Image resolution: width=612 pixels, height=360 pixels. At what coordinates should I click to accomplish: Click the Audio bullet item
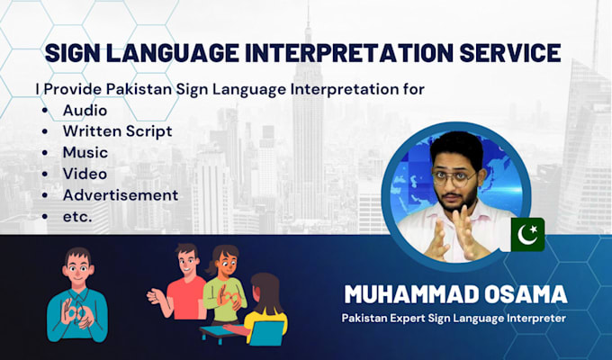pos(84,110)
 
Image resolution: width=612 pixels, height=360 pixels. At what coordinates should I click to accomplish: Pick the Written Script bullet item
pos(117,131)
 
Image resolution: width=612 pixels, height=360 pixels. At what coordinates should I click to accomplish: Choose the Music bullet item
pos(85,152)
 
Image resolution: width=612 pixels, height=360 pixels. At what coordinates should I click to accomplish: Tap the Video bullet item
pos(85,173)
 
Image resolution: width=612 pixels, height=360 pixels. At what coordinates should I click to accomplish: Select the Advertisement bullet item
pos(121,194)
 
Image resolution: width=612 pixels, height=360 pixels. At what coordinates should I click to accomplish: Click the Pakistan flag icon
pos(526,234)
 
